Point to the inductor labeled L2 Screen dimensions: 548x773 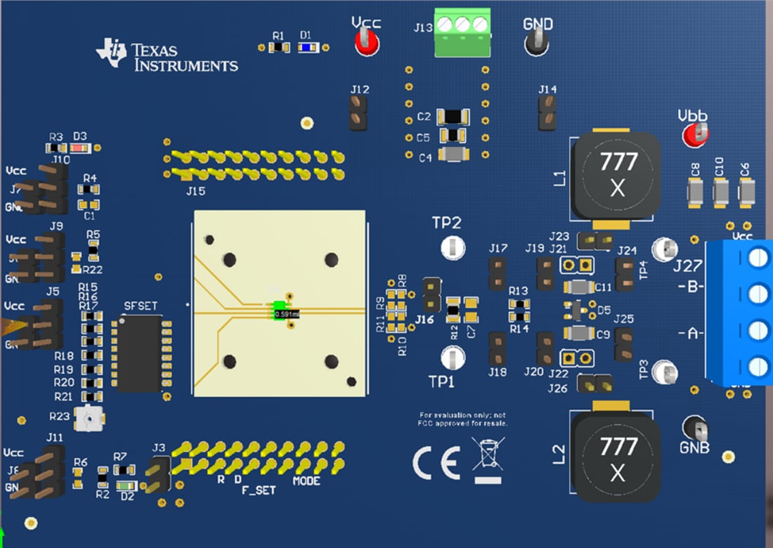pos(616,457)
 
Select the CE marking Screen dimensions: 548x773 pos(436,464)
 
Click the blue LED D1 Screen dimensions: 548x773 pos(306,48)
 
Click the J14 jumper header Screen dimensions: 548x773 pos(547,112)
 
